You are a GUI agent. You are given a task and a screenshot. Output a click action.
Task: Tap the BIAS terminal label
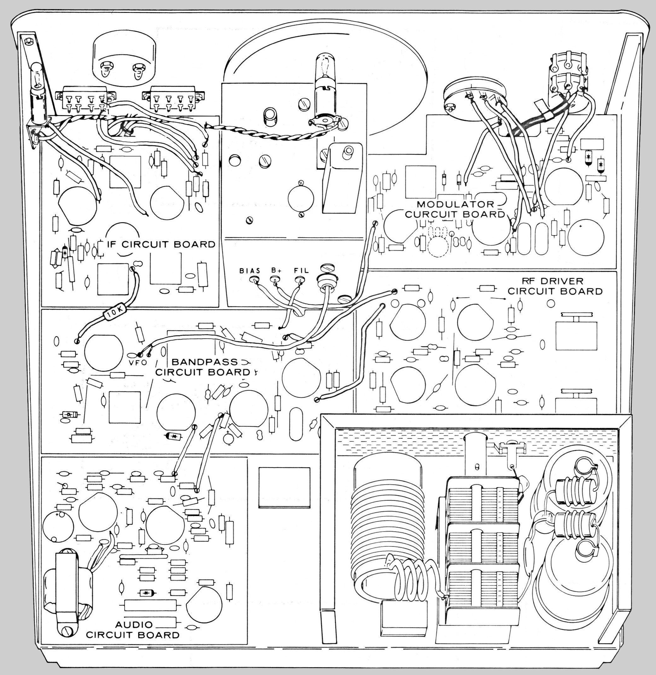pyautogui.click(x=250, y=271)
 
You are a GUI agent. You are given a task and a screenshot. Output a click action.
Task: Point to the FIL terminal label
pyautogui.click(x=300, y=271)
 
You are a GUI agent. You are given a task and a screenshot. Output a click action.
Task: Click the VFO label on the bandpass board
pyautogui.click(x=138, y=363)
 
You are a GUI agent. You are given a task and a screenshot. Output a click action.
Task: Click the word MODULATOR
pyautogui.click(x=455, y=204)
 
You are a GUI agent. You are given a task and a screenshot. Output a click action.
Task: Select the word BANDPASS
pyautogui.click(x=205, y=362)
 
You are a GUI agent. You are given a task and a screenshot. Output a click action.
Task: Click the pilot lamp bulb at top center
pyautogui.click(x=323, y=69)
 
